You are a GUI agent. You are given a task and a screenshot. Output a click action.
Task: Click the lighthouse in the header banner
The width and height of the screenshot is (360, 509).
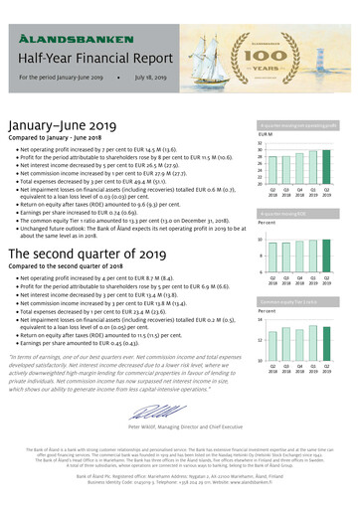[x=335, y=40]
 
